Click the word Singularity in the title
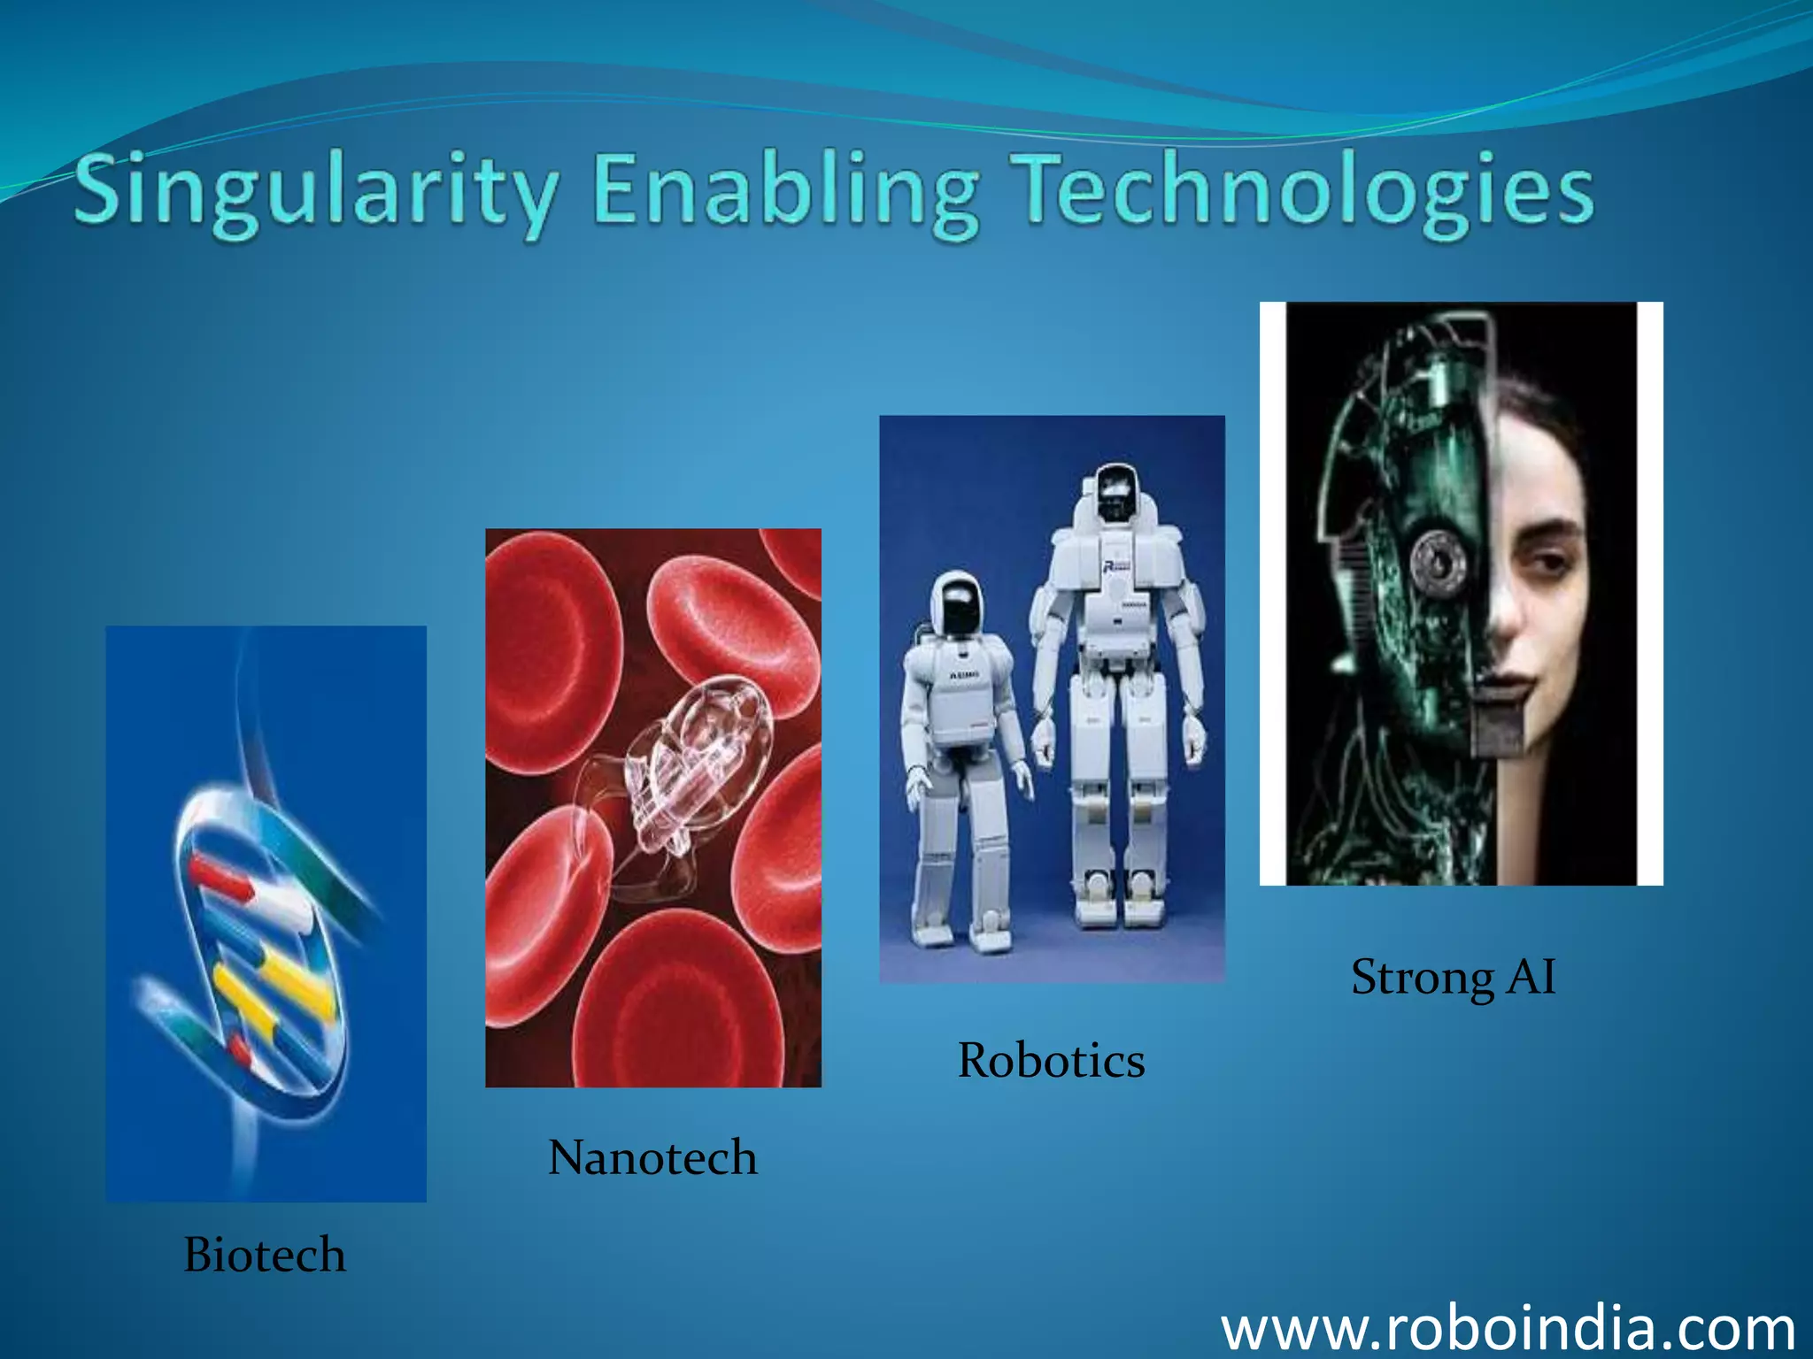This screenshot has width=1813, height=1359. [x=316, y=190]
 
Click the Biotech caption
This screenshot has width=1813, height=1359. [x=265, y=1255]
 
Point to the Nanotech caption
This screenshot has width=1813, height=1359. [x=652, y=1157]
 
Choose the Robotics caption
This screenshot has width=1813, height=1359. [x=1051, y=1060]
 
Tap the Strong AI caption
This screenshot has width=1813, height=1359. [x=1453, y=977]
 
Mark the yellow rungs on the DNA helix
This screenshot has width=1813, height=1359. [x=274, y=991]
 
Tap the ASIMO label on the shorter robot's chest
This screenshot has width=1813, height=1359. [x=964, y=675]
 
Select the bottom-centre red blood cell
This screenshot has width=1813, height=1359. [x=682, y=1009]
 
